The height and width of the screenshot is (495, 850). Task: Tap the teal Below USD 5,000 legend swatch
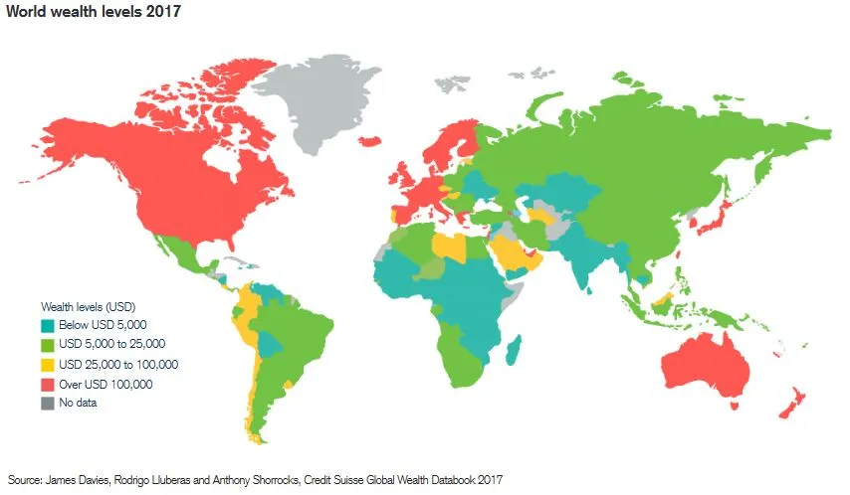click(x=47, y=325)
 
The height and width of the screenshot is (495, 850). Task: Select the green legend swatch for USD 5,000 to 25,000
click(x=47, y=344)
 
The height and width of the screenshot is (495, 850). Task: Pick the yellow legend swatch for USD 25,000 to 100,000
click(x=47, y=364)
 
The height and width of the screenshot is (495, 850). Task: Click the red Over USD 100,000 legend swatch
click(x=47, y=384)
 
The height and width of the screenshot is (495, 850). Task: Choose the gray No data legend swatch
click(x=47, y=403)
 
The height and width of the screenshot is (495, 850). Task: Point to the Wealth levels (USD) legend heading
click(x=88, y=305)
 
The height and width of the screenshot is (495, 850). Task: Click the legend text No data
click(x=78, y=403)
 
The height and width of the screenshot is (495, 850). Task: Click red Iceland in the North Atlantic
click(x=369, y=142)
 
